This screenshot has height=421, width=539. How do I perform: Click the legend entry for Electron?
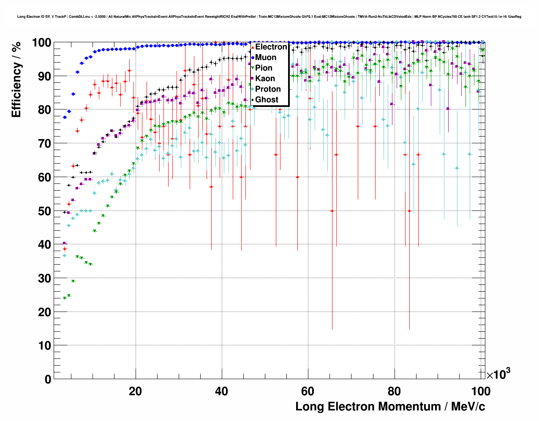tap(271, 47)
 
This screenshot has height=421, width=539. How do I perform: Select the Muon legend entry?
tap(266, 57)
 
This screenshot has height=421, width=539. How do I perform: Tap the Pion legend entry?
tap(264, 68)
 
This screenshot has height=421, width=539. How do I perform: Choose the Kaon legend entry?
tap(265, 79)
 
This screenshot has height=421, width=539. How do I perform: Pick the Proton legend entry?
tap(268, 89)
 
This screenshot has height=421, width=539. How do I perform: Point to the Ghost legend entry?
tap(267, 100)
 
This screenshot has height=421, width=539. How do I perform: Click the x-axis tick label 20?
tap(135, 391)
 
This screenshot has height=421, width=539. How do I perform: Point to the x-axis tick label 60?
tap(308, 391)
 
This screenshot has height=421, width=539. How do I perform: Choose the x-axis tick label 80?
tap(394, 391)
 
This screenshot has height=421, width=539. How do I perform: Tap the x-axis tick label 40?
tap(221, 391)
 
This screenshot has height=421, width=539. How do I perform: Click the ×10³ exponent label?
tap(498, 375)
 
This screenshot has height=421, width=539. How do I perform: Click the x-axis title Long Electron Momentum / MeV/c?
tap(390, 407)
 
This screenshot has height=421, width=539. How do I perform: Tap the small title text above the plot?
tap(269, 17)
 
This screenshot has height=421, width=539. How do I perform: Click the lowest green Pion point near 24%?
tap(65, 298)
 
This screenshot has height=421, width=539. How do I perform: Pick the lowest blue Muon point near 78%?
tap(65, 117)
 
